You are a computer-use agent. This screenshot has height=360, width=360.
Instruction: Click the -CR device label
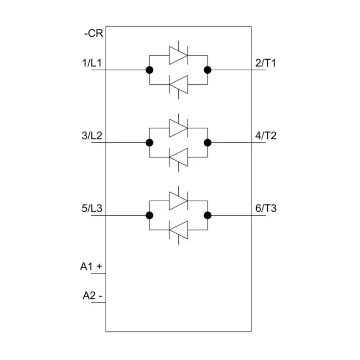pyautogui.click(x=94, y=33)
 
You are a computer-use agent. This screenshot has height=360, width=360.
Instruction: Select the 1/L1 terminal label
pyautogui.click(x=92, y=63)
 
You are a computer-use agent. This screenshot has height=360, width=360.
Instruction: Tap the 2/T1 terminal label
pyautogui.click(x=266, y=63)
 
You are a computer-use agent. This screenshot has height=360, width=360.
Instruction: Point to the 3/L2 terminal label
pyautogui.click(x=92, y=136)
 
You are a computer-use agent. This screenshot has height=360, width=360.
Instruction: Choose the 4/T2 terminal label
pyautogui.click(x=266, y=136)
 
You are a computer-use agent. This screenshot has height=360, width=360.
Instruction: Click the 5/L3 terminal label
pyautogui.click(x=92, y=208)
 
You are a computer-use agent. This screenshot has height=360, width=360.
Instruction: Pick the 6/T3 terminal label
pyautogui.click(x=266, y=208)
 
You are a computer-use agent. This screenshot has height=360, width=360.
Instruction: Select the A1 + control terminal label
pyautogui.click(x=91, y=266)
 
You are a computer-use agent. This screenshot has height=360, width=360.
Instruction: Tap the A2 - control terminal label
pyautogui.click(x=92, y=296)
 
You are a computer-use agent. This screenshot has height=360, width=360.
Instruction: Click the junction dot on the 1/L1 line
pyautogui.click(x=150, y=70)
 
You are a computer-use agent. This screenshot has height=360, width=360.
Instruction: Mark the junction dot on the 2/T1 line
pyautogui.click(x=208, y=70)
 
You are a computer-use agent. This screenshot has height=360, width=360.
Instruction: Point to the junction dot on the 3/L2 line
pyautogui.click(x=150, y=143)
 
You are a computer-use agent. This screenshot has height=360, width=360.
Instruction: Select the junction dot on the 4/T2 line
pyautogui.click(x=208, y=143)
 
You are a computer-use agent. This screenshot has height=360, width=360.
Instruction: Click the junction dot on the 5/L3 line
pyautogui.click(x=150, y=215)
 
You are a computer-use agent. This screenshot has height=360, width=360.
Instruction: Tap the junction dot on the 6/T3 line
pyautogui.click(x=208, y=215)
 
